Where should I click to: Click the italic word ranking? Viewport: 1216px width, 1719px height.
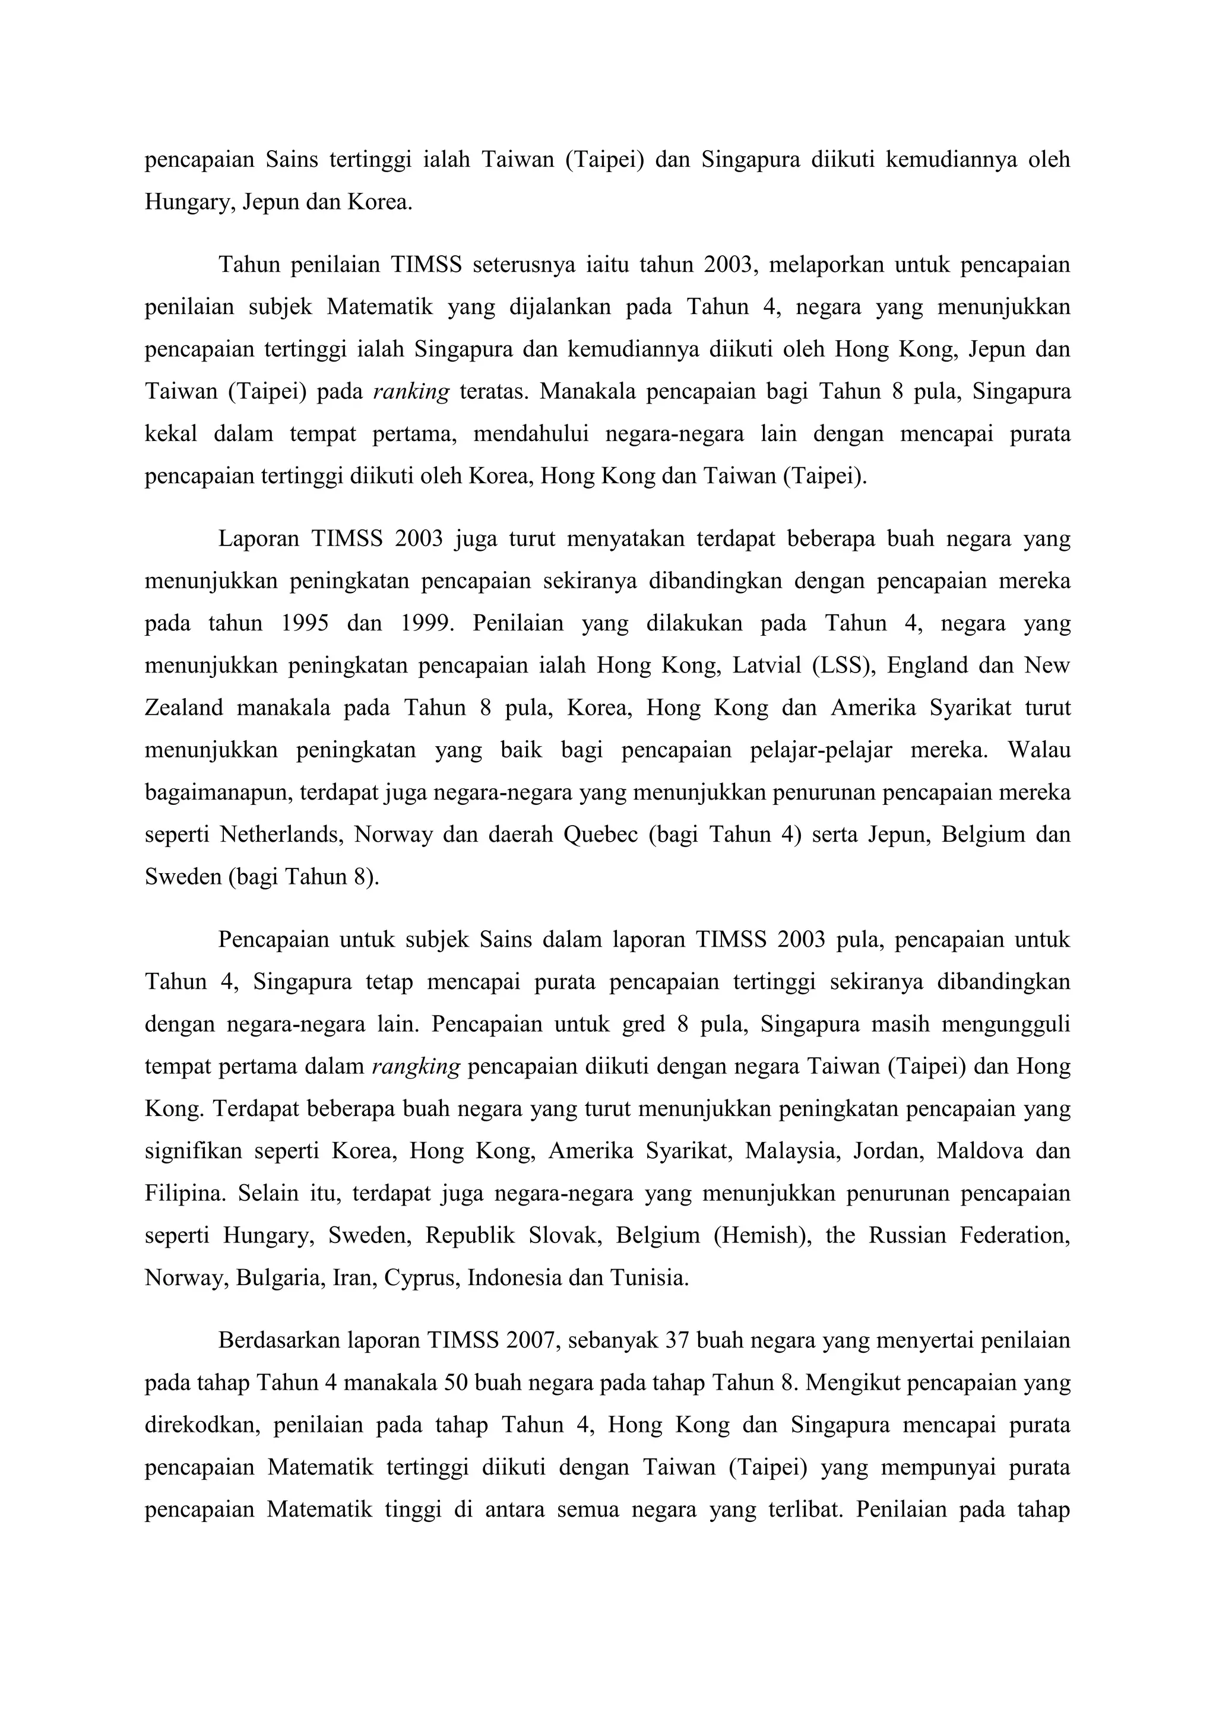click(410, 392)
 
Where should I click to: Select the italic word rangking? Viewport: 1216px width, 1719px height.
click(415, 1067)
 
